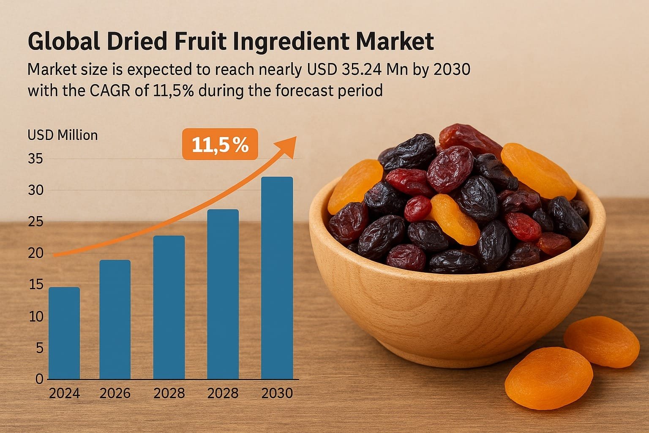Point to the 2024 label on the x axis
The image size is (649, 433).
64,394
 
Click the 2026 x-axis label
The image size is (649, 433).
115,394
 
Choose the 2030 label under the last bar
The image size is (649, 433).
277,394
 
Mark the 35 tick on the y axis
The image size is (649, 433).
35,159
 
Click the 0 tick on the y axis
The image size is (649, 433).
39,379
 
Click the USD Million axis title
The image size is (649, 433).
63,135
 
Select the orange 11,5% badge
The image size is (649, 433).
220,145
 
